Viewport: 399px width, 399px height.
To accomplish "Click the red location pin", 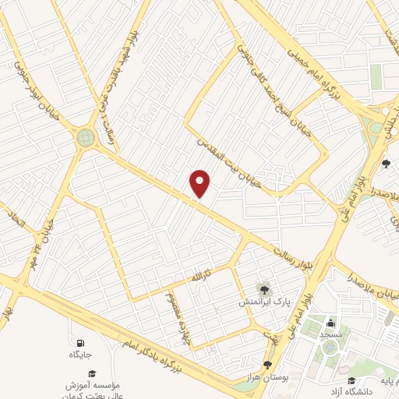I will click(x=200, y=183).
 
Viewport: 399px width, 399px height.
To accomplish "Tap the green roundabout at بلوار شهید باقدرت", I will click(x=85, y=138).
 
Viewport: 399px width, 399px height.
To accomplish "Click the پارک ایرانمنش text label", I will click(x=263, y=299).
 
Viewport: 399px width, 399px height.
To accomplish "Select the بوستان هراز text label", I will click(x=268, y=376).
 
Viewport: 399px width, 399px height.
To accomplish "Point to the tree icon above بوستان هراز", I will click(x=267, y=364).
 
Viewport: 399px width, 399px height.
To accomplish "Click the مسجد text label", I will click(x=330, y=334).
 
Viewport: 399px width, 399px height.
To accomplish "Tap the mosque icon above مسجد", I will click(x=330, y=322).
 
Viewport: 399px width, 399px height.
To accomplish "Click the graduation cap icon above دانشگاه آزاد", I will click(x=351, y=380).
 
